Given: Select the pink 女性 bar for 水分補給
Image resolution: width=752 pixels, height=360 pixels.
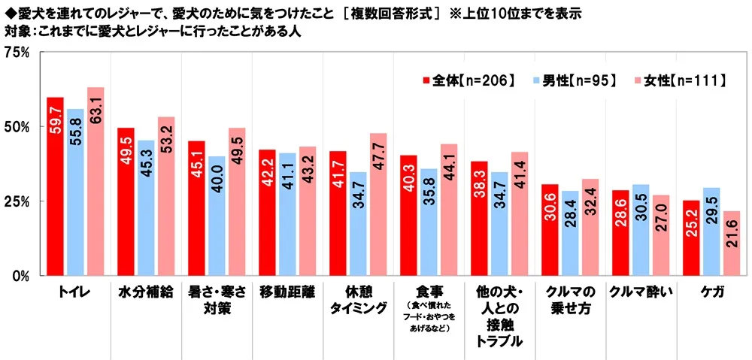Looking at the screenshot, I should [166, 196].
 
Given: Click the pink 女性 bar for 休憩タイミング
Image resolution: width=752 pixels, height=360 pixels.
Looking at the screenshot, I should [378, 204].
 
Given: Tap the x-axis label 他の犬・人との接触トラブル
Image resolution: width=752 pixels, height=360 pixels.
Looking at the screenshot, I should [499, 316].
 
